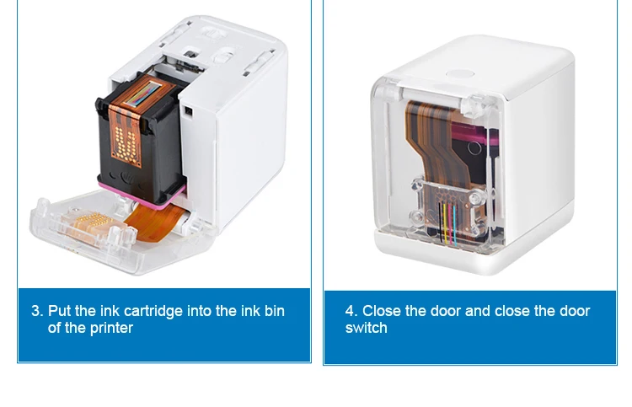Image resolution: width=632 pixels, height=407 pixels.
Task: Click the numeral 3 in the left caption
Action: click(36, 311)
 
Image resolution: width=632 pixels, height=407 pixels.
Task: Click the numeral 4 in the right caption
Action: click(350, 311)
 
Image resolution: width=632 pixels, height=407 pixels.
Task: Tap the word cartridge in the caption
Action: click(153, 312)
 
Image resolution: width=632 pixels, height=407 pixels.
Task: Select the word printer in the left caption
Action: click(111, 329)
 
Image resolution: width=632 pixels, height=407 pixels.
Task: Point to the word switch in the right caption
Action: click(366, 328)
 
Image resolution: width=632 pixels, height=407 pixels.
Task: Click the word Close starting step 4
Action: click(381, 311)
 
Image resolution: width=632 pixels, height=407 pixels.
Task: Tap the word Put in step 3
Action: click(60, 311)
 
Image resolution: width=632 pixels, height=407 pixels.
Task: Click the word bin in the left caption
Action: click(275, 311)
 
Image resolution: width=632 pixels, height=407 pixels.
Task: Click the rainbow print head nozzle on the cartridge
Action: click(143, 94)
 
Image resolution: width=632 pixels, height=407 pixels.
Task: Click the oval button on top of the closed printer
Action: click(460, 74)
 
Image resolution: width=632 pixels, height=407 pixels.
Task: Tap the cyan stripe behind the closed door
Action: click(455, 226)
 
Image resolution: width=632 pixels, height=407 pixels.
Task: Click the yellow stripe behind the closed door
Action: click(445, 223)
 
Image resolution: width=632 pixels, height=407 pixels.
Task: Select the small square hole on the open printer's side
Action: click(188, 111)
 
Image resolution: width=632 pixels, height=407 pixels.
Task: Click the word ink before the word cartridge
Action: click(110, 311)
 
